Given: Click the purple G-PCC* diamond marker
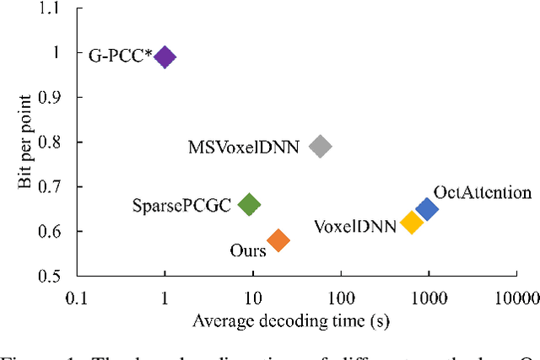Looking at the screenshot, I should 165,57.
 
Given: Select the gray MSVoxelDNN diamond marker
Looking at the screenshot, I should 320,147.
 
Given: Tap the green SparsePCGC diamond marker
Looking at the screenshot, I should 249,204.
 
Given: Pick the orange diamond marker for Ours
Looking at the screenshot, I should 278,241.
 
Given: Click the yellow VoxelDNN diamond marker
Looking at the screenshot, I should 411,223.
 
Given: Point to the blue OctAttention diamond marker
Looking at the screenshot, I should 427,209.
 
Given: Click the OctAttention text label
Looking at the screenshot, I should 482,192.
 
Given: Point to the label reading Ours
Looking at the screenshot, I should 248,250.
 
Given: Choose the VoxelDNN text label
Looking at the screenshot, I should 355,226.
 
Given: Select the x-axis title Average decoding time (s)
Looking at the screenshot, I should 291,321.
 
